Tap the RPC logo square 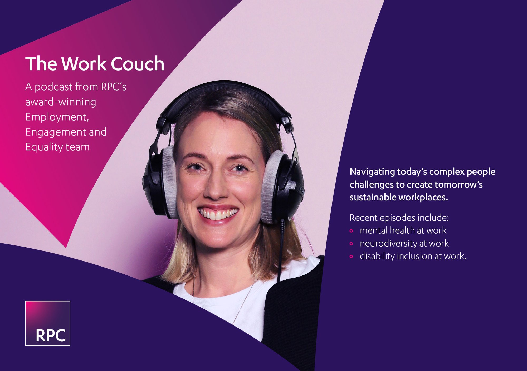[48, 323]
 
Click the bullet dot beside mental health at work [351, 231]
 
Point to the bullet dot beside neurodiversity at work [351, 244]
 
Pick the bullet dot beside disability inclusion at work [351, 257]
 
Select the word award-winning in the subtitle [61, 102]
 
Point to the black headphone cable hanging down [281, 250]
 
